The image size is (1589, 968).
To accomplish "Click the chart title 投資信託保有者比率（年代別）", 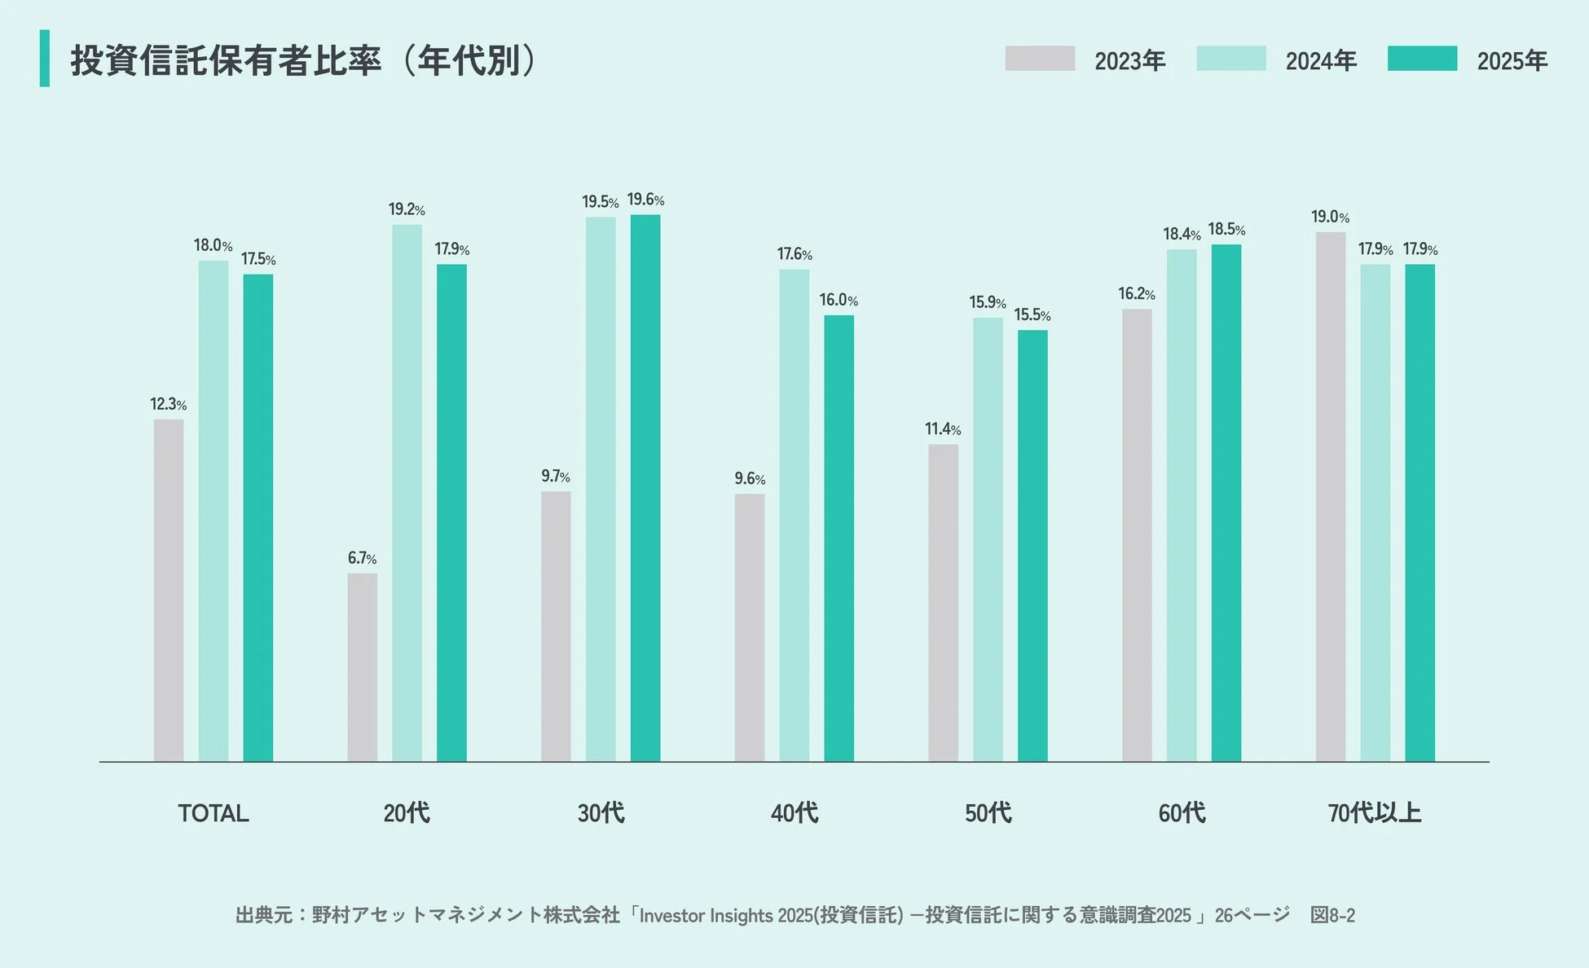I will pos(303,60).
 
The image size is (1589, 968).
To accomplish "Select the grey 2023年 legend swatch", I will pos(1039,59).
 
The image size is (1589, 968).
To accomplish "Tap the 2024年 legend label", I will pos(1320,61).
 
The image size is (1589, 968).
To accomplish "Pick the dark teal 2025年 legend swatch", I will pos(1422,59).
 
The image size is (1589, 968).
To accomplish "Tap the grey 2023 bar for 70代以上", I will pos(1330,496).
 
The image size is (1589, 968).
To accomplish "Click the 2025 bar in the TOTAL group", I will pos(257,517).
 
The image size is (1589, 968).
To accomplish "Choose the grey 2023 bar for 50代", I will pos(943,602).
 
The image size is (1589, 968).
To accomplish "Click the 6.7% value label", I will pos(362,558).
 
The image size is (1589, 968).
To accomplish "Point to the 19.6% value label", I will pos(645,200).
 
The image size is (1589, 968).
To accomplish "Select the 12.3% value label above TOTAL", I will pos(168,404).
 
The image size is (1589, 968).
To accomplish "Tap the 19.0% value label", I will pos(1329,217).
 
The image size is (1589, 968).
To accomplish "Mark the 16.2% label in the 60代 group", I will pos(1136,293).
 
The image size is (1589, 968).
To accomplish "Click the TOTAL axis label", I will pos(213,813).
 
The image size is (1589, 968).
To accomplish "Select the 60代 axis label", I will pos(1181,813).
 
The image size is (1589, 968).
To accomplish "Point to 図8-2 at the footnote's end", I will pos(1332,916).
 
